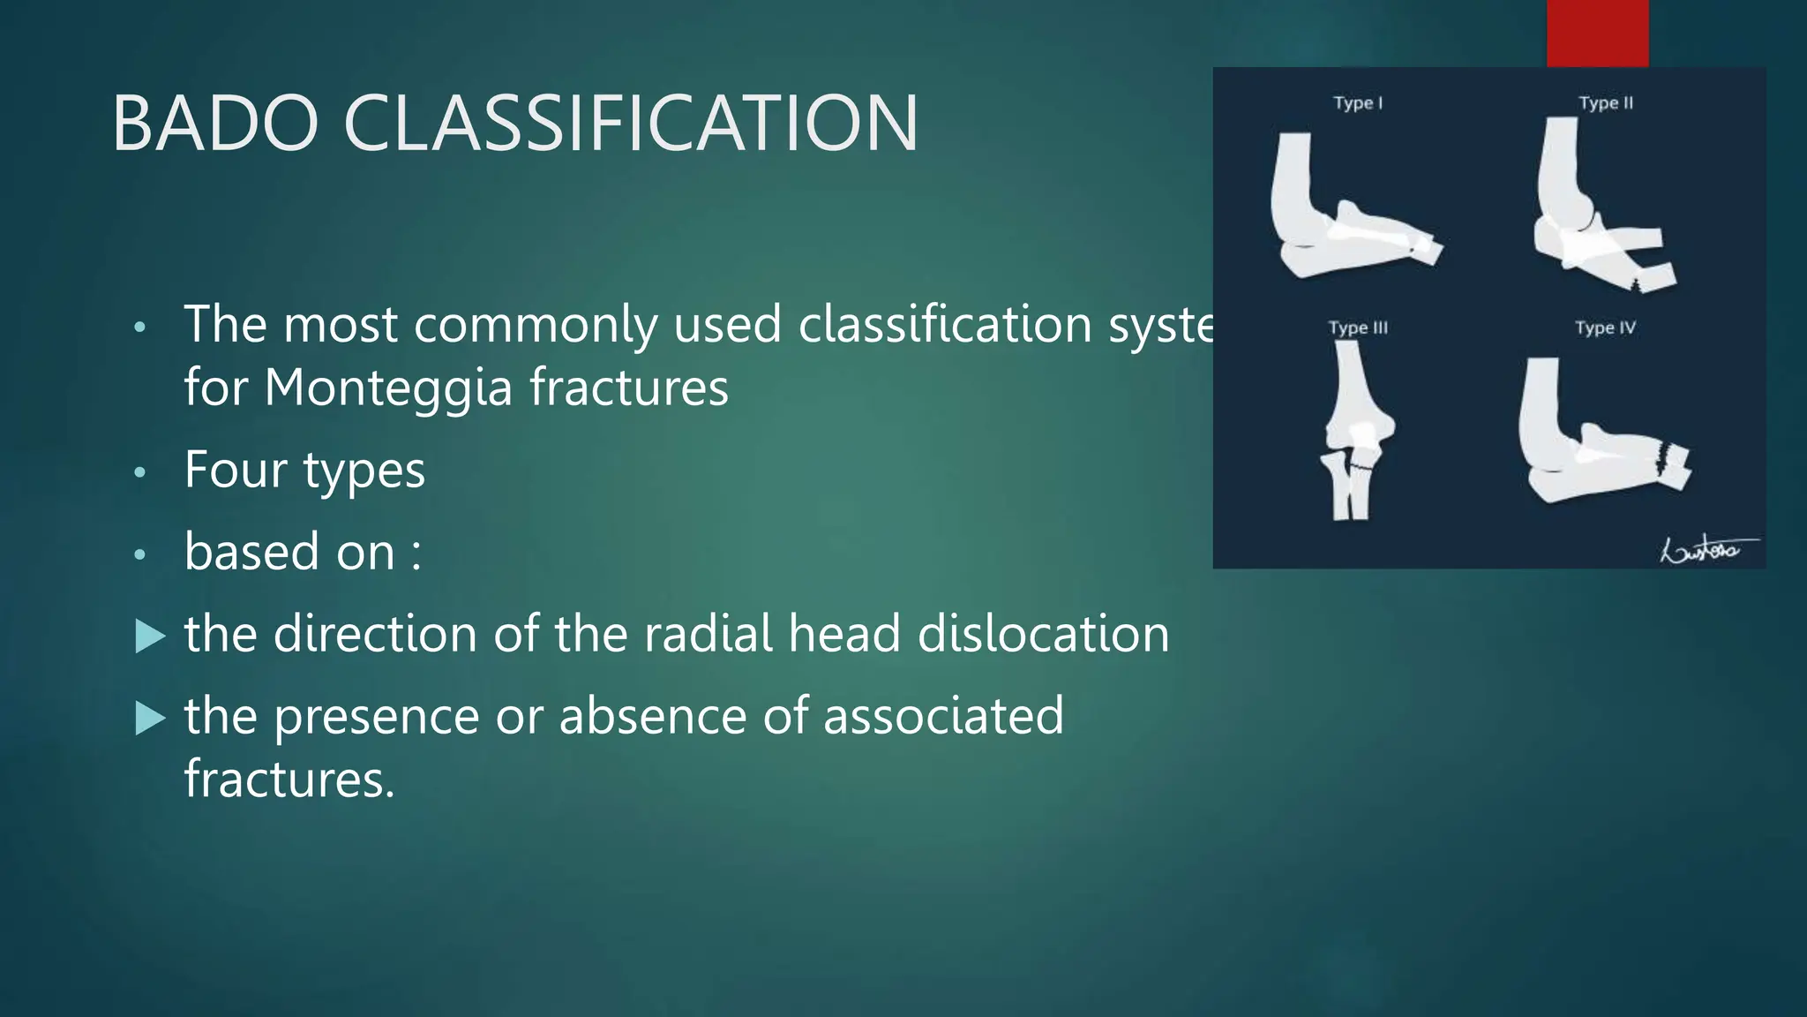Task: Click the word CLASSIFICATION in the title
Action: pos(631,124)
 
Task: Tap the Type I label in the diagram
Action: pos(1358,103)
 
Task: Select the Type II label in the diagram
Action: pos(1606,103)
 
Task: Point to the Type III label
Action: pos(1358,328)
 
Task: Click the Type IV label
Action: pos(1605,328)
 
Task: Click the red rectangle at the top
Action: pos(1597,33)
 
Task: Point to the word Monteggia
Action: pos(387,388)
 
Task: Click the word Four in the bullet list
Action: pos(236,470)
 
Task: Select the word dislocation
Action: pos(1043,634)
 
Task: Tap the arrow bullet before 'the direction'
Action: pos(151,636)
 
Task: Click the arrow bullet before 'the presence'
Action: pos(151,719)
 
